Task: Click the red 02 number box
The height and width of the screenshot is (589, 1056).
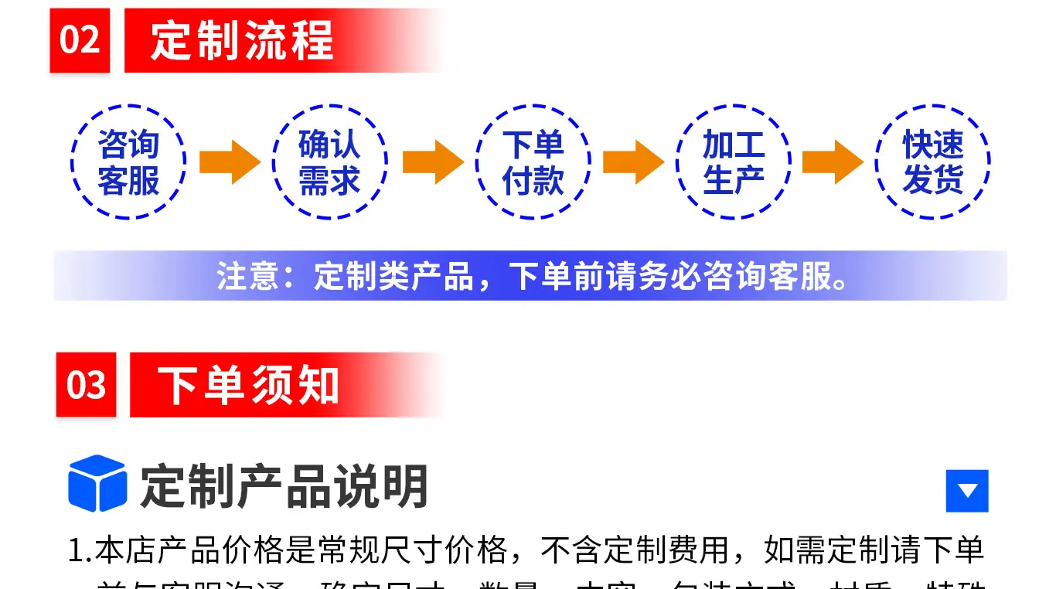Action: (x=80, y=40)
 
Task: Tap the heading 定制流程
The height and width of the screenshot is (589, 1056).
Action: (x=242, y=40)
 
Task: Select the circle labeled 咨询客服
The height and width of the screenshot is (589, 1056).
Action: (x=128, y=162)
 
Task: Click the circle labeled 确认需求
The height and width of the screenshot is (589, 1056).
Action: (x=330, y=162)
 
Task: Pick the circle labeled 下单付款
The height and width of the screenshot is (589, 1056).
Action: (x=533, y=162)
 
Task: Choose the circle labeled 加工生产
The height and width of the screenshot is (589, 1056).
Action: (x=734, y=162)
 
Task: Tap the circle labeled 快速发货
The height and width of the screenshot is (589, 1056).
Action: (x=933, y=162)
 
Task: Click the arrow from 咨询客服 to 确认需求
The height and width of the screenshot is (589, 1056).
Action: (x=229, y=162)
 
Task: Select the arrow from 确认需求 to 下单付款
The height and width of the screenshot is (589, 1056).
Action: (x=432, y=162)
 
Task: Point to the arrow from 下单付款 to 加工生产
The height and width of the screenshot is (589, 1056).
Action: (x=632, y=162)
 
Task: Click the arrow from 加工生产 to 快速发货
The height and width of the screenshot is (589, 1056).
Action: (x=833, y=162)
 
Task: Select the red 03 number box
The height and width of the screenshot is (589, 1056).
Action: (x=86, y=385)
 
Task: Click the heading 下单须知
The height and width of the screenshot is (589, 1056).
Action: (x=248, y=385)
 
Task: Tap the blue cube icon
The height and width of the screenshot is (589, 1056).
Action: (x=97, y=484)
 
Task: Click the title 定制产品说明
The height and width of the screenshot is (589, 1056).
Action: (x=284, y=486)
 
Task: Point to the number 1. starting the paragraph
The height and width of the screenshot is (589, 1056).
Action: (x=80, y=551)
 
